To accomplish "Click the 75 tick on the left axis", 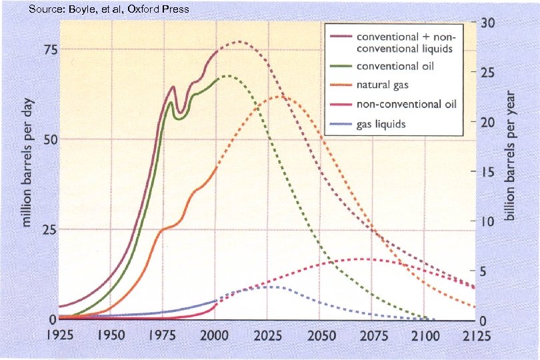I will [49, 50].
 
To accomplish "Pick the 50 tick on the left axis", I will [49, 140].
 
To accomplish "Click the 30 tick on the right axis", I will [488, 23].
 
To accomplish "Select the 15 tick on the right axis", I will [488, 171].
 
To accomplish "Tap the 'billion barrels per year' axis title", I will [511, 157].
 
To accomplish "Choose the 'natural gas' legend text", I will [382, 85].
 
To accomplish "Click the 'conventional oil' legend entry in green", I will [395, 67].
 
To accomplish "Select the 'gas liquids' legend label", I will [381, 124].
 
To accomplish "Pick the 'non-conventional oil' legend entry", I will [403, 105].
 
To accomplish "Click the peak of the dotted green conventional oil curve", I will [227, 76].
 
